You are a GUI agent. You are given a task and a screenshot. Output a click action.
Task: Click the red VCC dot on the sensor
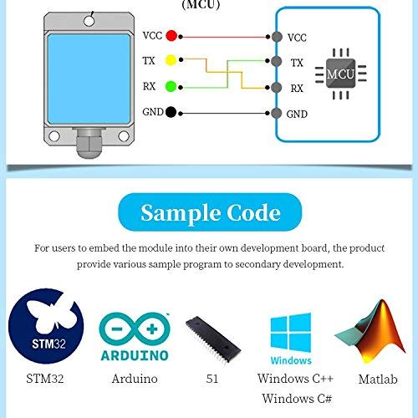coord(171,35)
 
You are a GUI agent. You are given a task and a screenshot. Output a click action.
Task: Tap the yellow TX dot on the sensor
coord(171,60)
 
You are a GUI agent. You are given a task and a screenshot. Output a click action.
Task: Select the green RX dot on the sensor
coord(171,86)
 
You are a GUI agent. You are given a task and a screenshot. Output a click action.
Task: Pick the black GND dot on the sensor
coord(171,112)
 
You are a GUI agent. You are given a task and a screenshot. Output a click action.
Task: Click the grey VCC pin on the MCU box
coord(277,37)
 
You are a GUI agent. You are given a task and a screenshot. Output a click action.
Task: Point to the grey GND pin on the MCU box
coord(276,113)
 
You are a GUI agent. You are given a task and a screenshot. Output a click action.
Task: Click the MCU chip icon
coord(340,74)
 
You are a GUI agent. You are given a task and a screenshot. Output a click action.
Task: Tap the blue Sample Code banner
coord(210,212)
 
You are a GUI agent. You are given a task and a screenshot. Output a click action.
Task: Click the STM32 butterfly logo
coord(46,326)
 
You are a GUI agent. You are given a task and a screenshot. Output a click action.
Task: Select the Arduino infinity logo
coord(135,337)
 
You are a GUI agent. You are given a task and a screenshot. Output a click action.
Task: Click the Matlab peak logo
coord(370,332)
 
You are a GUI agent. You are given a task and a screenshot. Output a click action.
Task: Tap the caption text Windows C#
coord(297,399)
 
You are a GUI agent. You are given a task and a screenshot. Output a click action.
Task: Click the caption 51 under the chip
coord(212,379)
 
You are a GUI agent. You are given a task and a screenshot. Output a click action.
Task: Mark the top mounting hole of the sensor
coord(89,21)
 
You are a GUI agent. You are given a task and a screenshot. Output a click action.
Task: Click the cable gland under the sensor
coord(89,143)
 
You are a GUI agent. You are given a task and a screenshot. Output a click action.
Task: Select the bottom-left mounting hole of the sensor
coord(54,136)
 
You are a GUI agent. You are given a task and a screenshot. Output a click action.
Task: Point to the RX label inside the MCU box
coord(297,89)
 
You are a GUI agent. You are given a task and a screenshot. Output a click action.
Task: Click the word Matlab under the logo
coord(378,380)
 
